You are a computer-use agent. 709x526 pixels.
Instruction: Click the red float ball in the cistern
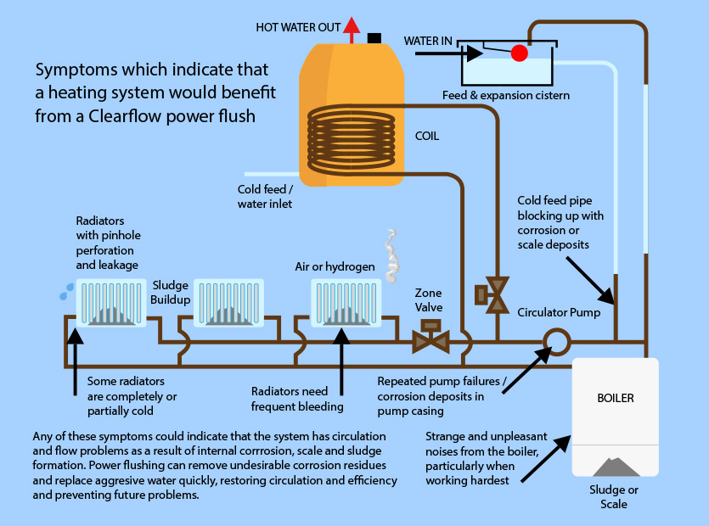(x=519, y=53)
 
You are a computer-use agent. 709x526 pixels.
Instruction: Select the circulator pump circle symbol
(x=557, y=342)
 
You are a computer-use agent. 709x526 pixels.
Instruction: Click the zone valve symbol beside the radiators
(x=430, y=337)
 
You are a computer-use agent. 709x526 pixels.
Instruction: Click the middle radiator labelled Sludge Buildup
(x=223, y=302)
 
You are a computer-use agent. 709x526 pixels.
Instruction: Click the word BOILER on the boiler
(x=616, y=397)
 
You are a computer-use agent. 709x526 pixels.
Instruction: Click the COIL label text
(x=426, y=136)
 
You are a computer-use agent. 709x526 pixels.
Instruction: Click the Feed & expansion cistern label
(x=506, y=95)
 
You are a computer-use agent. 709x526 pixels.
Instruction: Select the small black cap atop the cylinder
(x=374, y=37)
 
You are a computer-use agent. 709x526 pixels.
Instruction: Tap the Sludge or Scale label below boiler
(x=614, y=496)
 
